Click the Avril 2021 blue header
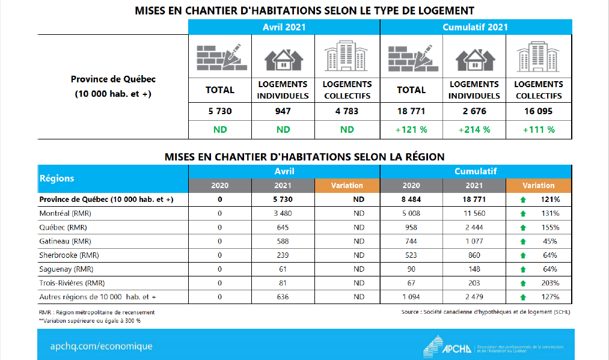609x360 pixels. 284,27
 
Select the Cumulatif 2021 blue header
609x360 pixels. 475,27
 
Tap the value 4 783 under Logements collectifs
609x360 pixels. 347,111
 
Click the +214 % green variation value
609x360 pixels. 474,129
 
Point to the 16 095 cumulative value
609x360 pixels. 538,111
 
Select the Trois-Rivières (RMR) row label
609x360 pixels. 70,282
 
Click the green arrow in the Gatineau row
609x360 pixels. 522,242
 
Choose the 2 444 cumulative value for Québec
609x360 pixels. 474,227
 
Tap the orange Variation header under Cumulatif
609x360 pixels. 538,186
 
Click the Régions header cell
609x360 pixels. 57,178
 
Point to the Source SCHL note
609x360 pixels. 486,312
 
